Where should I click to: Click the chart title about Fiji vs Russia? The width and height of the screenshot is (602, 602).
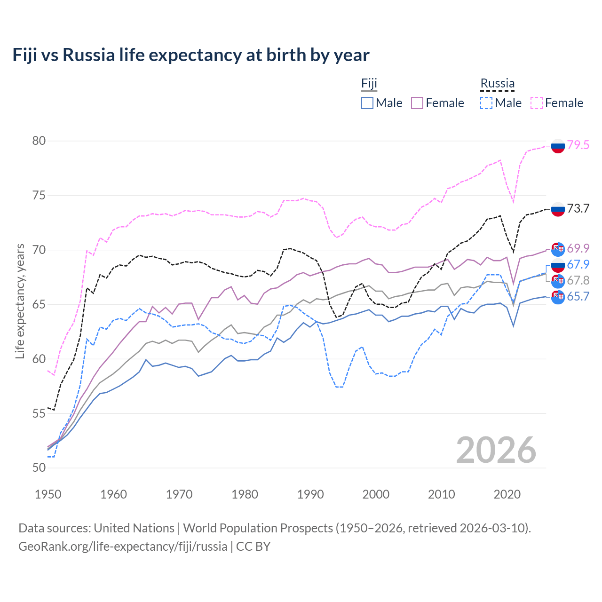(x=191, y=55)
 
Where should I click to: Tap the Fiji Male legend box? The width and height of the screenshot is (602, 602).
(x=367, y=103)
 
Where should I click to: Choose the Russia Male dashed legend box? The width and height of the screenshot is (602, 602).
(x=486, y=103)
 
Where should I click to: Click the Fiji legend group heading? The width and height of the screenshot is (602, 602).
(x=369, y=84)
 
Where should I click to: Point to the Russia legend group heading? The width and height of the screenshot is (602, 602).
(x=497, y=84)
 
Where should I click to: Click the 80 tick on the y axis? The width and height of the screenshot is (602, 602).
(x=39, y=141)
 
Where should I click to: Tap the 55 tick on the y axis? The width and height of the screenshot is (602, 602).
(x=39, y=413)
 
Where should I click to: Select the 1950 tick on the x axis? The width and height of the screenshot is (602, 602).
(x=48, y=494)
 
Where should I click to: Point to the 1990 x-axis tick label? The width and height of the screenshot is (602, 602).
(x=310, y=494)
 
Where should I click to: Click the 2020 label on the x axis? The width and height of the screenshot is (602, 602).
(x=507, y=494)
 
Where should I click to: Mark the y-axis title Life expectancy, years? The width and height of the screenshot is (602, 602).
(x=20, y=301)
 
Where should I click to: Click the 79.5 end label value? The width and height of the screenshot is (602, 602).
(x=578, y=145)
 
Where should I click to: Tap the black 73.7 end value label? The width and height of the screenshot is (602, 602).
(x=578, y=209)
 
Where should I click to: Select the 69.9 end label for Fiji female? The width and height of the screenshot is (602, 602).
(x=578, y=248)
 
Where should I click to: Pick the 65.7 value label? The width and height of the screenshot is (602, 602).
(x=578, y=297)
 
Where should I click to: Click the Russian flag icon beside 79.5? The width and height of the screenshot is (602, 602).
(x=558, y=146)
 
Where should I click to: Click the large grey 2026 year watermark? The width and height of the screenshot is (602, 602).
(x=496, y=450)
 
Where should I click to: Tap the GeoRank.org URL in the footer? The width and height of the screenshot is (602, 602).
(x=123, y=547)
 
